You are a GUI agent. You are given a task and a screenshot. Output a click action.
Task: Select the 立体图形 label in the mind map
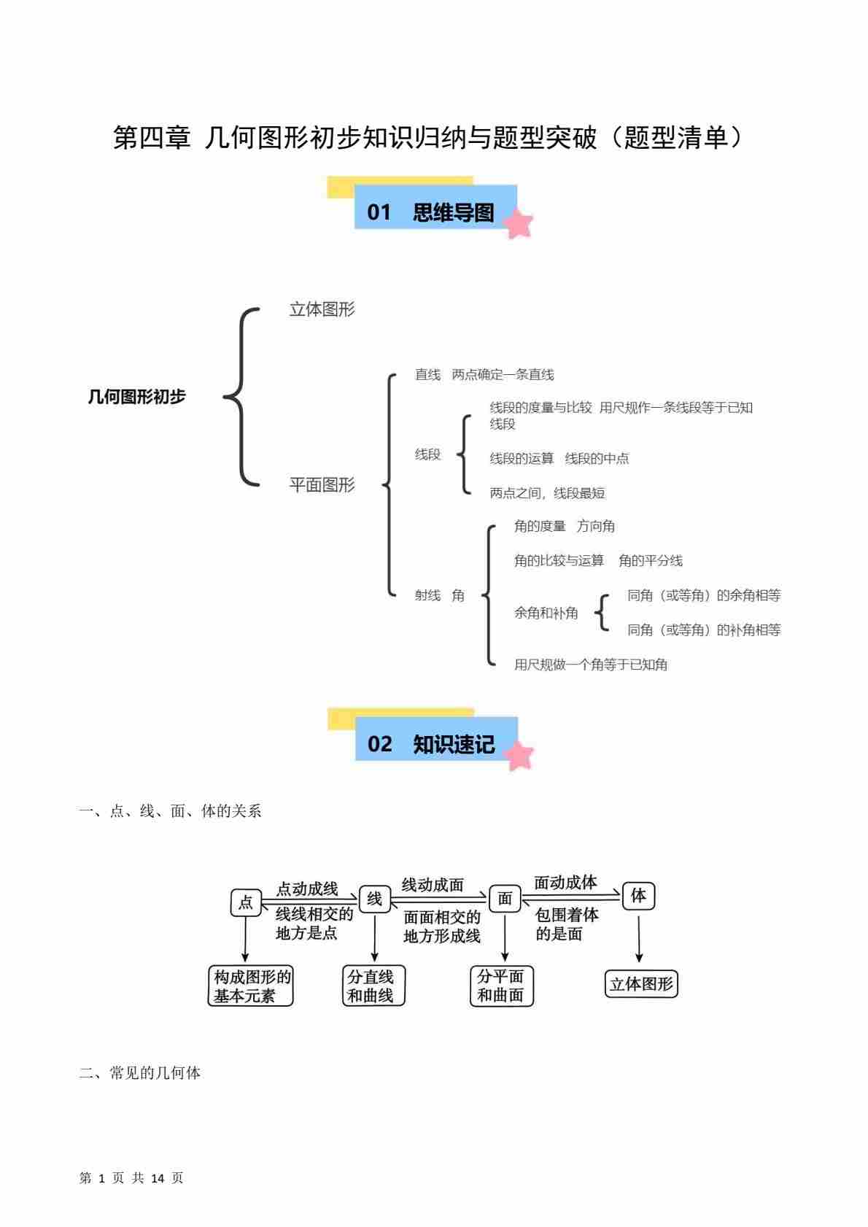click(x=322, y=309)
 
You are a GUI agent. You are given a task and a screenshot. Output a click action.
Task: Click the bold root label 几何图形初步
click(x=136, y=397)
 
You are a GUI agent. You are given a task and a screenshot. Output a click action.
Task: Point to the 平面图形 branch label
click(x=322, y=485)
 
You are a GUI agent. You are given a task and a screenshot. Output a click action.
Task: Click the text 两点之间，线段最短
click(x=547, y=493)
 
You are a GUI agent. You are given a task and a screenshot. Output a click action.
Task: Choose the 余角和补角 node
click(x=546, y=613)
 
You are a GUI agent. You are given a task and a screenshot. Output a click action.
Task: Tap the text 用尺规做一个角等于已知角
click(x=591, y=665)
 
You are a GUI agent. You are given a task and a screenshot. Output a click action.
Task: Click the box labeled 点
click(x=246, y=902)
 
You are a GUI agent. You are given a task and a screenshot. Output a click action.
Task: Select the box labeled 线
click(x=375, y=899)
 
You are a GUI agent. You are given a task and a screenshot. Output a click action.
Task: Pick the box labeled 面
click(x=505, y=899)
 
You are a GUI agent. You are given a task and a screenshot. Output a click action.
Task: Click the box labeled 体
click(x=638, y=895)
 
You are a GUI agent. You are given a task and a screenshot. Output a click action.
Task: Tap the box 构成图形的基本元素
click(x=251, y=986)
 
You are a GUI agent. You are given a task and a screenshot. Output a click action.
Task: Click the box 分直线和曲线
click(x=373, y=986)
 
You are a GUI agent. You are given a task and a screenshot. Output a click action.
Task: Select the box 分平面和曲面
click(x=501, y=986)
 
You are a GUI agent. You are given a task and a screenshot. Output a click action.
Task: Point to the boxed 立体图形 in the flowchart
click(x=641, y=984)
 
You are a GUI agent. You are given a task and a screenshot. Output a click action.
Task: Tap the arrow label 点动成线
click(x=307, y=889)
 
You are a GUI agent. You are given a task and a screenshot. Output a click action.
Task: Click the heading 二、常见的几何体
click(x=140, y=1073)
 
